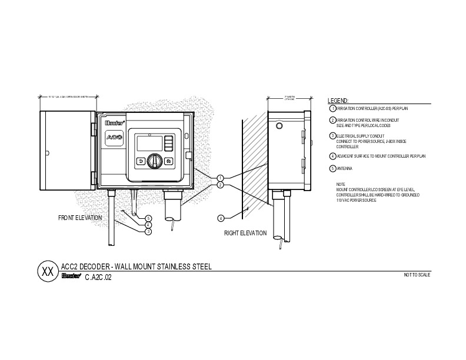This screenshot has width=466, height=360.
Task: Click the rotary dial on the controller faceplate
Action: click(x=155, y=160)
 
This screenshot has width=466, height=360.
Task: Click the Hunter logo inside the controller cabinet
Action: click(x=112, y=123)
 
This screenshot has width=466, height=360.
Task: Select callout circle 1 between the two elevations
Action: click(x=219, y=178)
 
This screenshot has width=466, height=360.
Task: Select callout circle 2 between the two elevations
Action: click(x=219, y=185)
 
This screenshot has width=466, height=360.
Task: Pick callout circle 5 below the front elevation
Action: click(x=148, y=218)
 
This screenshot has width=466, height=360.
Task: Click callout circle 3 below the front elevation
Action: click(x=148, y=232)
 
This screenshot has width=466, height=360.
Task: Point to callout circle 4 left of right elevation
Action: click(x=221, y=218)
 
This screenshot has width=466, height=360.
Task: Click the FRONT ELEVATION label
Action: click(x=80, y=218)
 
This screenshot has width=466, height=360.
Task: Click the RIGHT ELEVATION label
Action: click(x=245, y=234)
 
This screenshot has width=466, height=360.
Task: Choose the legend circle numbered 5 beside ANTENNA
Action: click(x=332, y=169)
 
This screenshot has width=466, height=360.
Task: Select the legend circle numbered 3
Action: click(x=332, y=136)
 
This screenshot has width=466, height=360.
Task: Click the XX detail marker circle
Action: click(x=46, y=272)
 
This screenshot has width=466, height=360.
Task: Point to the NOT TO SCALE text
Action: click(x=417, y=275)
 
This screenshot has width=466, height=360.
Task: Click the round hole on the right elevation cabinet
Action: click(x=279, y=126)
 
